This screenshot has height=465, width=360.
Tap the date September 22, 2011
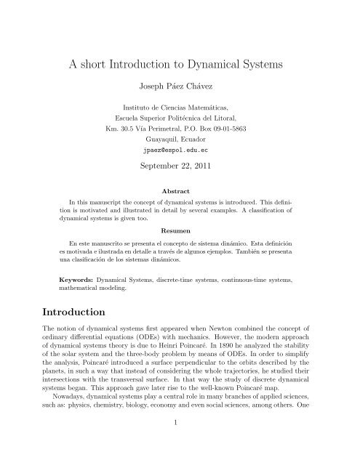pos(179,165)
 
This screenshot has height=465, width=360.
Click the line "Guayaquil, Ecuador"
pos(179,134)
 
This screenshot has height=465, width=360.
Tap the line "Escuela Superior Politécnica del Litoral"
pos(179,115)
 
